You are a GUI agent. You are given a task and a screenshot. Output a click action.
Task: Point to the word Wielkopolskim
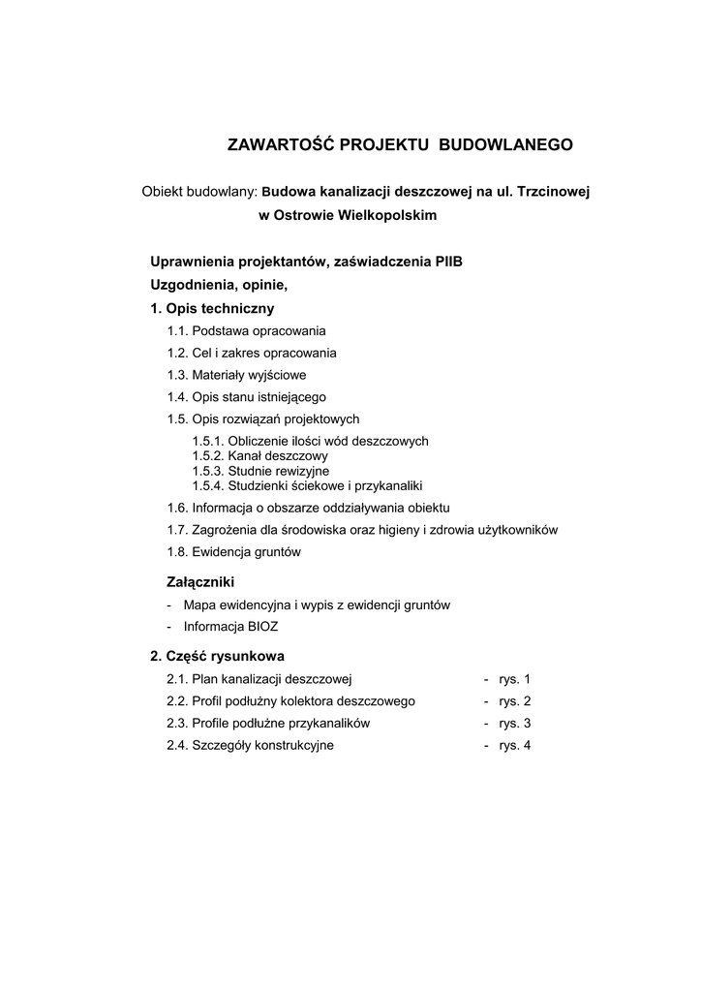(x=381, y=215)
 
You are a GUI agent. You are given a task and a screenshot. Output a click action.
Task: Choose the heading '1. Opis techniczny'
(x=212, y=308)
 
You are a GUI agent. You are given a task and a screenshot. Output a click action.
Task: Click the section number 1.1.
(x=177, y=331)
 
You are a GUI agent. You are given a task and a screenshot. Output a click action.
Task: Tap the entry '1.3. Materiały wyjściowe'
(x=236, y=375)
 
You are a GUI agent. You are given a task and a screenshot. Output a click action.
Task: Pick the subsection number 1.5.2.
(x=207, y=455)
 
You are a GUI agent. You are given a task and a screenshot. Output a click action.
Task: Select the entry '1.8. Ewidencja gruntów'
(x=234, y=552)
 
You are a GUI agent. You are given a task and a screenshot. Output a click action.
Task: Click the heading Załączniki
(x=201, y=582)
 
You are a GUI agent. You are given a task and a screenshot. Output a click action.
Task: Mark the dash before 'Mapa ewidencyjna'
(x=169, y=605)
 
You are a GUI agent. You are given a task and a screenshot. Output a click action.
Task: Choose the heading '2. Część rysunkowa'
(x=217, y=656)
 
